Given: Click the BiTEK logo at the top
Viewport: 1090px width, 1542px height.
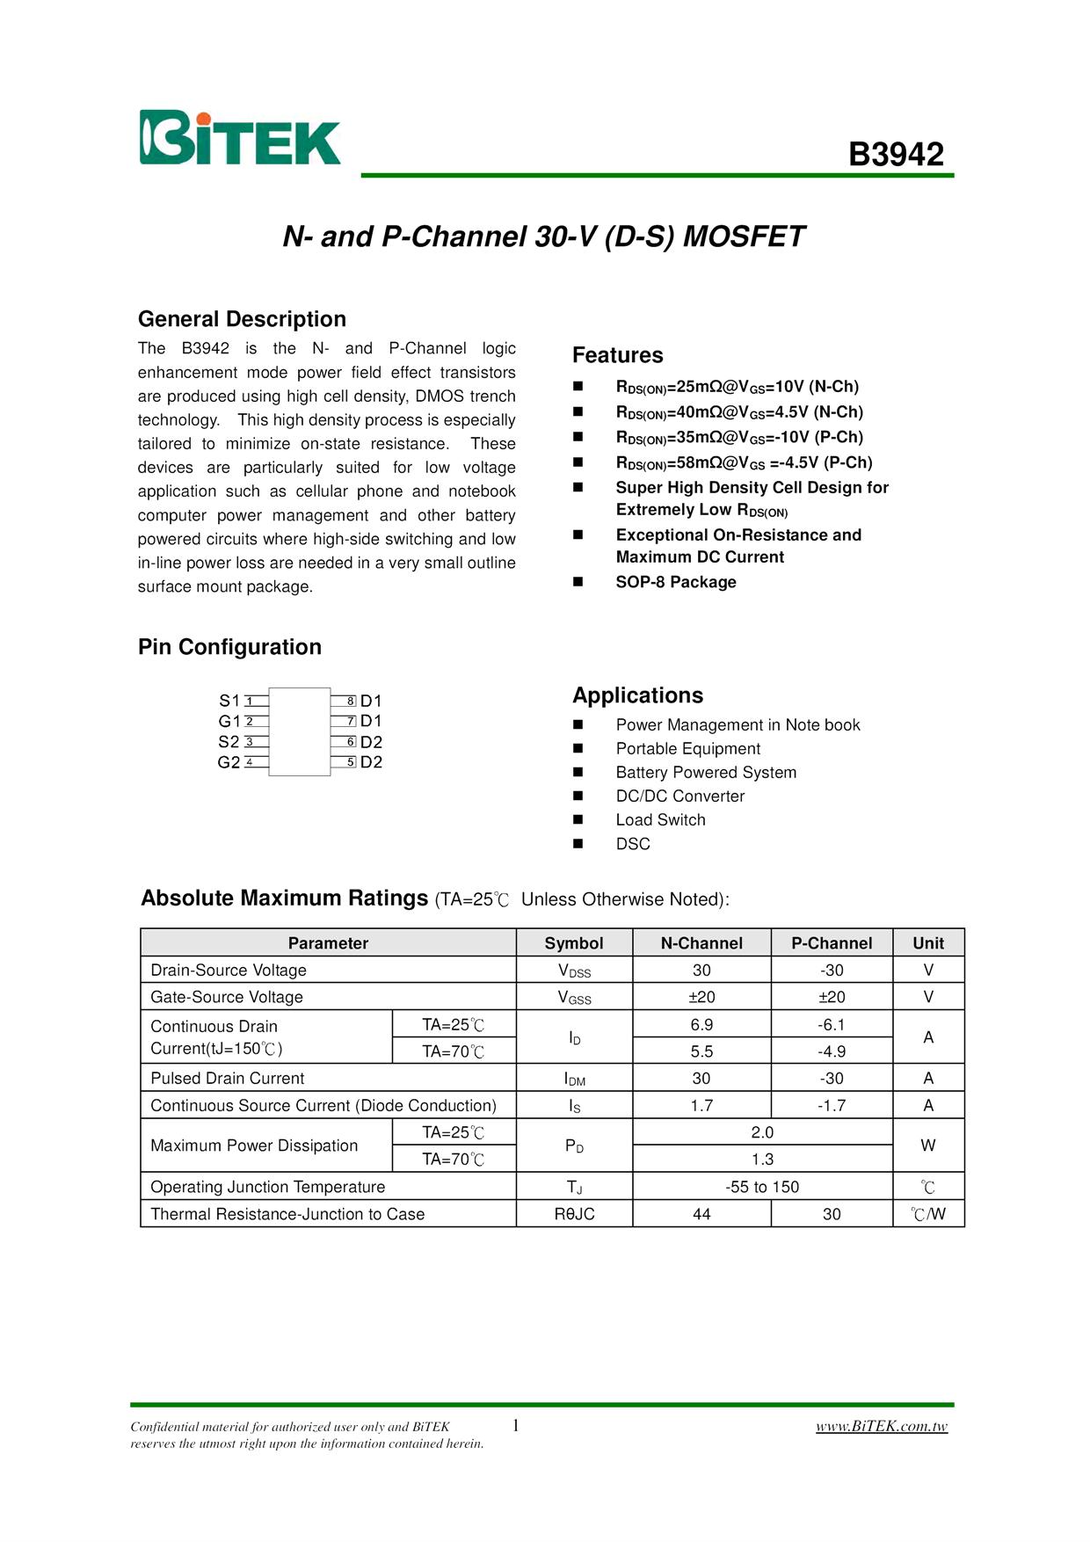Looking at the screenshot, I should [x=239, y=138].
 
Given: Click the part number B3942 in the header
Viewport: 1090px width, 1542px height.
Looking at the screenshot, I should [x=896, y=155].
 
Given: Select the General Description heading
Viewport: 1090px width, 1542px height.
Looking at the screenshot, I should [x=242, y=319].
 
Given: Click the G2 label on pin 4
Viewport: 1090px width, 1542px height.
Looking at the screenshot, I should [x=229, y=762].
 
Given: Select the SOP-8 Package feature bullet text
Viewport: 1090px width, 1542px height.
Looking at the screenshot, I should [x=676, y=582].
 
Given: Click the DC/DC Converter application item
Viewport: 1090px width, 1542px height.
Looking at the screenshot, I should [x=679, y=796].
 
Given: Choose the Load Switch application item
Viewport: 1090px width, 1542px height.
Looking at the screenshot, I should [x=660, y=820].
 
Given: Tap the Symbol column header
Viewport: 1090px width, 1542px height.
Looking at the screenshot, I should [x=574, y=943].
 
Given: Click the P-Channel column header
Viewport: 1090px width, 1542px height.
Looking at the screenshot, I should [x=832, y=943].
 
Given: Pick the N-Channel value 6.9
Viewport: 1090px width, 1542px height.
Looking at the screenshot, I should [x=701, y=1025].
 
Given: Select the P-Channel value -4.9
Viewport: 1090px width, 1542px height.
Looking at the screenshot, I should [x=832, y=1051].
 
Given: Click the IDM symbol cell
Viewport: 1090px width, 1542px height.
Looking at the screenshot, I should [x=574, y=1079].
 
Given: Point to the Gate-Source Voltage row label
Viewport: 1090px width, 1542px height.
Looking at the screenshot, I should [x=227, y=997].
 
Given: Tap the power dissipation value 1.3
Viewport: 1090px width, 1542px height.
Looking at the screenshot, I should [x=762, y=1160].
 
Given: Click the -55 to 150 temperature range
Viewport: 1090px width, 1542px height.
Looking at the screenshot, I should [x=762, y=1187].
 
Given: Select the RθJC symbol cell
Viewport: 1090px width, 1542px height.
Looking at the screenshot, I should [x=574, y=1214].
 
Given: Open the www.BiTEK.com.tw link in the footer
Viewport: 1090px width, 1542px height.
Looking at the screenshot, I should [x=882, y=1426].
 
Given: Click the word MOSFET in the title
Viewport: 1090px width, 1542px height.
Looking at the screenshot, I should [x=744, y=237].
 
